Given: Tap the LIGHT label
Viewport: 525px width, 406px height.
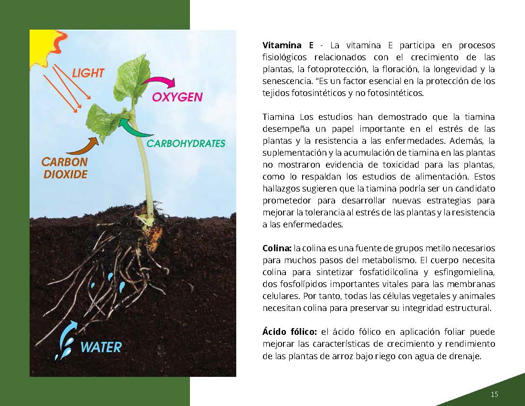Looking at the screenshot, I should pyautogui.click(x=88, y=73).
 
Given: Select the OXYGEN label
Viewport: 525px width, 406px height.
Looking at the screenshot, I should pyautogui.click(x=178, y=97).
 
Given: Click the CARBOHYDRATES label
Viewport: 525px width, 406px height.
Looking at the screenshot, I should pyautogui.click(x=186, y=144).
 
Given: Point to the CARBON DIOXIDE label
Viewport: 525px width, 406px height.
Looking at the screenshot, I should pyautogui.click(x=65, y=168).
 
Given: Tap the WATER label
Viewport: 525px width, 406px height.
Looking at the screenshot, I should pyautogui.click(x=101, y=347).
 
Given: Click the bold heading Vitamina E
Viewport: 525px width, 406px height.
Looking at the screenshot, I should pyautogui.click(x=288, y=45).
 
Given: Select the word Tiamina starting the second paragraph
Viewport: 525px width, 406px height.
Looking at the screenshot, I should pyautogui.click(x=279, y=117).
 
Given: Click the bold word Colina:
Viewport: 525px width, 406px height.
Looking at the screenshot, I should pyautogui.click(x=277, y=248).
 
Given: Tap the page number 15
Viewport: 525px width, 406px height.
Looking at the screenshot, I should pyautogui.click(x=494, y=395).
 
